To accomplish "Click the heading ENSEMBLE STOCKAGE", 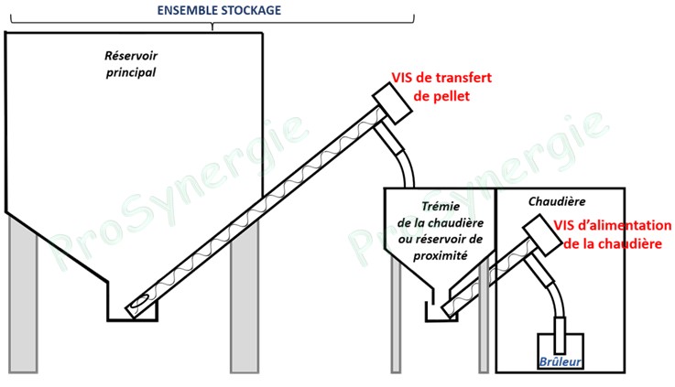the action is point(219,10).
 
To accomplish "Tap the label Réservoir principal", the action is point(131,64).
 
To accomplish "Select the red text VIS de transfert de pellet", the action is point(441,86).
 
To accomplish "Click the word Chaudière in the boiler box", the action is point(557,201).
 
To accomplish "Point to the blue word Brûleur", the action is point(561,362).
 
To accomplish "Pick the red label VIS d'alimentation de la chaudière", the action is point(612,234).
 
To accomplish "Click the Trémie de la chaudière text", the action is point(441,215).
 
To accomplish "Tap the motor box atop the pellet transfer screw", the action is point(392,102).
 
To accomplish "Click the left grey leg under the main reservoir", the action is point(23,296).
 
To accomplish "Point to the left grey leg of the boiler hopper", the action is point(396,314).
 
